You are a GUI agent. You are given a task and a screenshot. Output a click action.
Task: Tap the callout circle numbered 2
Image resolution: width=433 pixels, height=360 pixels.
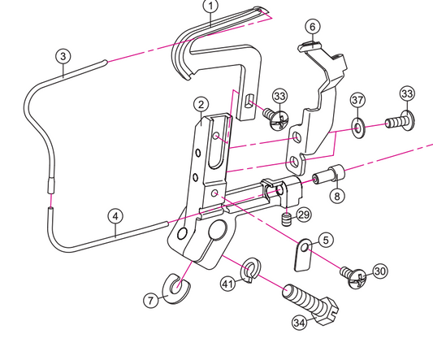pyautogui.click(x=199, y=104)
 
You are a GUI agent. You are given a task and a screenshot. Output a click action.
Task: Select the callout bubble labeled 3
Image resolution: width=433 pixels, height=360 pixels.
pyautogui.click(x=63, y=56)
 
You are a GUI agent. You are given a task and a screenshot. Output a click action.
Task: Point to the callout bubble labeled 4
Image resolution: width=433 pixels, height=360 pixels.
pyautogui.click(x=117, y=216)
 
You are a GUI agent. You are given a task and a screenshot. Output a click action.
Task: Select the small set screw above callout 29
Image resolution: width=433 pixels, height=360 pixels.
pyautogui.click(x=286, y=219)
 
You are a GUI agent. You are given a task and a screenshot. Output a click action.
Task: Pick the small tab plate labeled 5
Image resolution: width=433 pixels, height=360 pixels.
pyautogui.click(x=301, y=254)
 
